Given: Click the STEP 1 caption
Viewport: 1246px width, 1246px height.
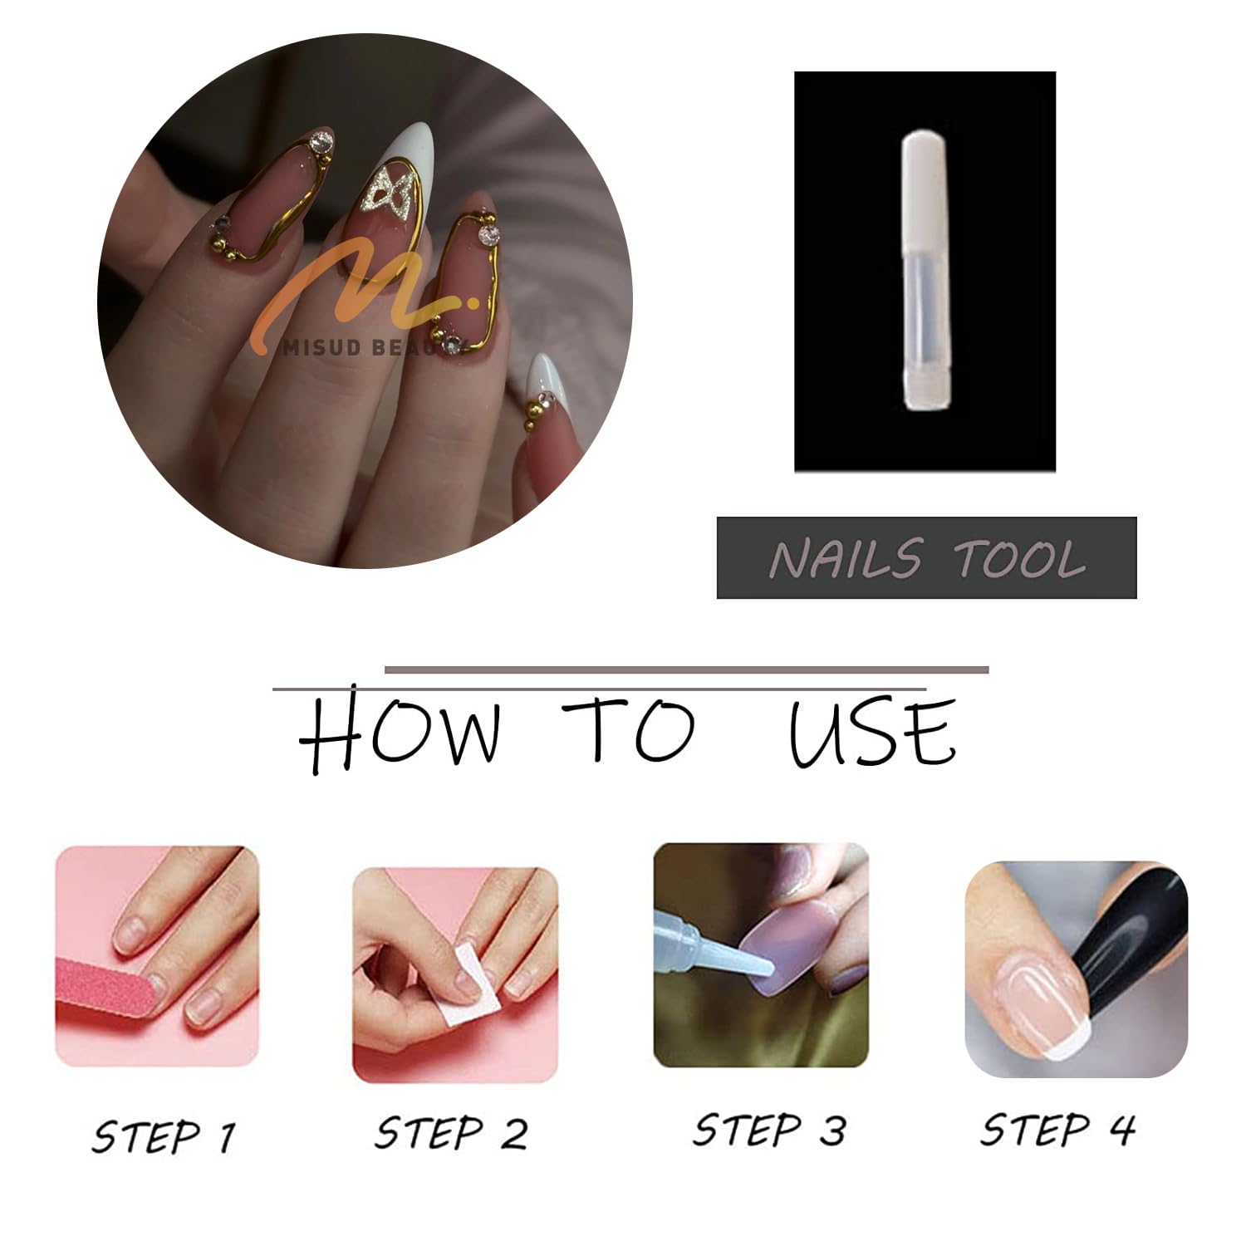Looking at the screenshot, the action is click(164, 1136).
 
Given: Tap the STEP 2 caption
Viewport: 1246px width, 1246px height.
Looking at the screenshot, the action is click(451, 1133).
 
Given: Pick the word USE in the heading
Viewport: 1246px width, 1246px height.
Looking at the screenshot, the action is click(872, 733).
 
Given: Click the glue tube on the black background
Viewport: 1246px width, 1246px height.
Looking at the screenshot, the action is click(926, 271).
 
